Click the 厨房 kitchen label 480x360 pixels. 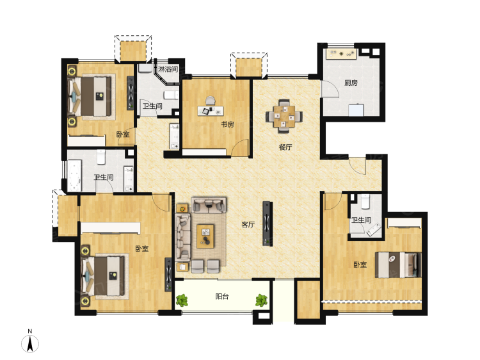click(x=351, y=83)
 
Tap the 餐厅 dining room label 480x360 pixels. click(x=285, y=147)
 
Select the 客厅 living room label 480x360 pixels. click(x=248, y=225)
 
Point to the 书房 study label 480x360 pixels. click(x=227, y=124)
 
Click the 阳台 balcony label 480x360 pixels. click(x=222, y=297)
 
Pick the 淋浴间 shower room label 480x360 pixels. click(x=168, y=69)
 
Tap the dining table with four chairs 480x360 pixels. click(x=284, y=116)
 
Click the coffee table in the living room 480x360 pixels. click(x=205, y=236)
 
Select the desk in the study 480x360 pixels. click(x=211, y=111)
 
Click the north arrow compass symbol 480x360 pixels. click(x=30, y=343)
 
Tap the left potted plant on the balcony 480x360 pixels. click(x=182, y=300)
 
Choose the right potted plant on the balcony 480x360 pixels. click(x=261, y=300)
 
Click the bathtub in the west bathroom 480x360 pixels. click(x=74, y=176)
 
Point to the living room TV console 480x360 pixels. click(x=268, y=224)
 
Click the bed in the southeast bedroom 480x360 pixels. click(x=398, y=265)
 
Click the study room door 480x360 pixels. click(x=241, y=148)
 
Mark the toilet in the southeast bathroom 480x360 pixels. click(x=365, y=202)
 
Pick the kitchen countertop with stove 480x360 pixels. click(x=341, y=54)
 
